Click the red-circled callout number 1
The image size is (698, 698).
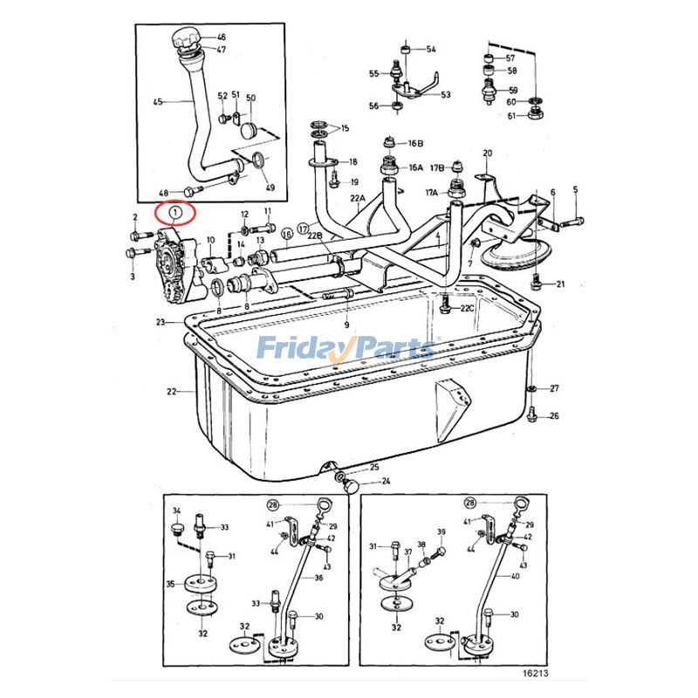pos(175,211)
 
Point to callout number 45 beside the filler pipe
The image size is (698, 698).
pos(158,102)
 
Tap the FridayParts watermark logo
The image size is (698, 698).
pos(346,349)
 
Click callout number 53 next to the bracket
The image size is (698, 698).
pos(446,95)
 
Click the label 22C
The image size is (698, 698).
pos(468,308)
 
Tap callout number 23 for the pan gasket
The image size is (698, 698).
pos(161,323)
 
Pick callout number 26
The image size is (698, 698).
pos(554,416)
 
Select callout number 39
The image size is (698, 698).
pos(441,532)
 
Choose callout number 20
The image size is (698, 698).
pos(487,154)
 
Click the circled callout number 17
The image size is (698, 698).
pos(303,229)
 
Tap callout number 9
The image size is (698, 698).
pos(346,325)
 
